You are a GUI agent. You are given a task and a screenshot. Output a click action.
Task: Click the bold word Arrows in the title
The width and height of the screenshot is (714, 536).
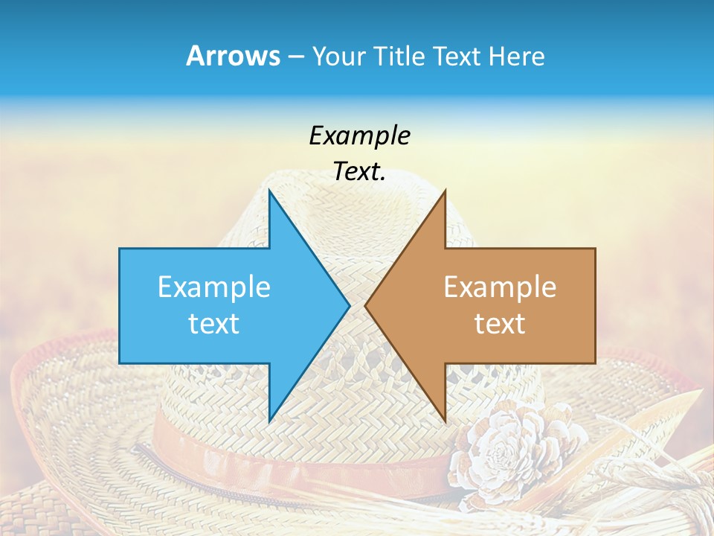(233, 56)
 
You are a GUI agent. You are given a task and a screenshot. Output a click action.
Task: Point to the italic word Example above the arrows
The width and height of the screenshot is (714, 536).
(359, 135)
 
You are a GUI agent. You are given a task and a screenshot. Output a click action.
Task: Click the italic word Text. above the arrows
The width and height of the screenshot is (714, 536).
(359, 171)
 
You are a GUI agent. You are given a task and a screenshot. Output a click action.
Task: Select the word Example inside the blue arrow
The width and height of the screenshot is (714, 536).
(214, 287)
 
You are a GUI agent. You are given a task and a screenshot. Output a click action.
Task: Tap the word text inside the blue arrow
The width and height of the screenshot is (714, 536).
(214, 323)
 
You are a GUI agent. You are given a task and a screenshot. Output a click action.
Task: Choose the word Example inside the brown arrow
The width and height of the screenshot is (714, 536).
(500, 287)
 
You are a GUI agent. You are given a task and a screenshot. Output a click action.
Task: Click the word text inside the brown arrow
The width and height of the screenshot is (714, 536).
(500, 323)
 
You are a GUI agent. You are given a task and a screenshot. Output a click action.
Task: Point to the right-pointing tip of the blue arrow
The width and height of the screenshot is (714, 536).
(349, 305)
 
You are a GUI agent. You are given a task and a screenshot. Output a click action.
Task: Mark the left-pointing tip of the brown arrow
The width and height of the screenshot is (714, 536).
(366, 305)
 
